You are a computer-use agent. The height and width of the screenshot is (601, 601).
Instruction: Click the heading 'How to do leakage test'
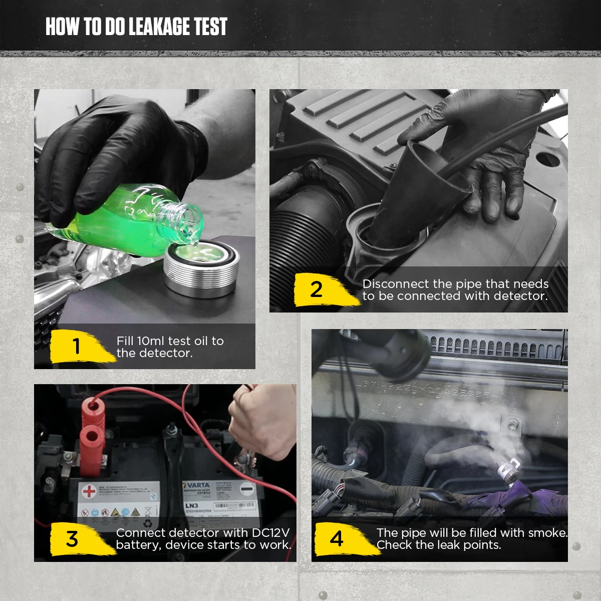(136, 27)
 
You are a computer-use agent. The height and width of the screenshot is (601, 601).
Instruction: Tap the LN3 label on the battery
(192, 506)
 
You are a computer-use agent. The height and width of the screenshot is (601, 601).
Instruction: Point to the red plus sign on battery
(89, 491)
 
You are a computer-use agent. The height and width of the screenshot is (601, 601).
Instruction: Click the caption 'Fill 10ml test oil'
(170, 341)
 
